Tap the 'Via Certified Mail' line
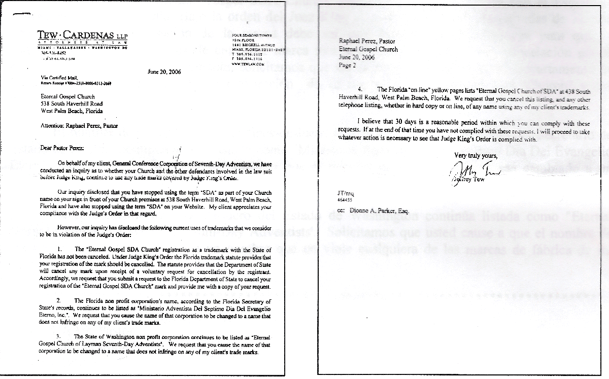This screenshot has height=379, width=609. pyautogui.click(x=56, y=78)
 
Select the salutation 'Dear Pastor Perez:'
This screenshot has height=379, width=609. pyautogui.click(x=65, y=148)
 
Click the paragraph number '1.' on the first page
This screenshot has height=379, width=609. pyautogui.click(x=60, y=250)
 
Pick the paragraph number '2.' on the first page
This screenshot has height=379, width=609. pyautogui.click(x=60, y=300)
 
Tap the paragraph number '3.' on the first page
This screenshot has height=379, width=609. pyautogui.click(x=60, y=336)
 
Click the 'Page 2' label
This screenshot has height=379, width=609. pyautogui.click(x=348, y=65)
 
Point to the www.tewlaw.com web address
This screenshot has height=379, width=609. pyautogui.click(x=243, y=64)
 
